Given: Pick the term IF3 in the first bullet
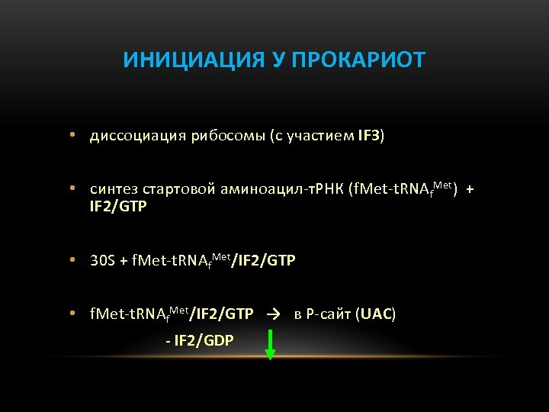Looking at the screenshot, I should pos(368,137).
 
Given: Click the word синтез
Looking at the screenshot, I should pos(112,189).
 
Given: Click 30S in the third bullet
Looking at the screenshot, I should pos(102,261).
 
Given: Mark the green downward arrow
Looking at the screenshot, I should pos(269,344).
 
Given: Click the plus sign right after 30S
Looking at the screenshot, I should pos(124,261).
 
